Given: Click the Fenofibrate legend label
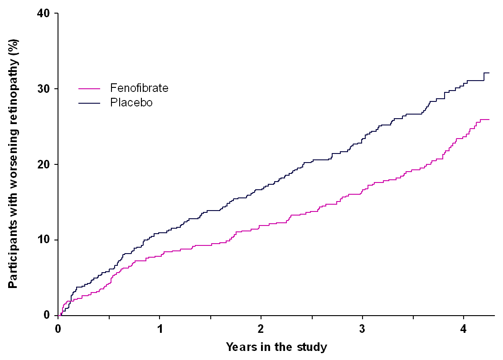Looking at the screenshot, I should coord(139,88).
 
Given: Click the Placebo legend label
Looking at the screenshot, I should coord(131,103).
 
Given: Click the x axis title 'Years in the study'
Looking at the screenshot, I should coord(276,347).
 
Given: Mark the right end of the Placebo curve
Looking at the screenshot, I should coord(489,73).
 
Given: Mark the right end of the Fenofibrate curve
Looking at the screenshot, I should coord(489,120).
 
